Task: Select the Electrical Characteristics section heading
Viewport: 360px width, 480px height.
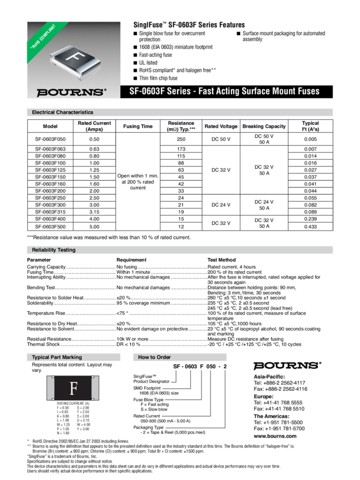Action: [x=63, y=112]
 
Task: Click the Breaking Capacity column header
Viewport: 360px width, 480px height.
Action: [x=264, y=126]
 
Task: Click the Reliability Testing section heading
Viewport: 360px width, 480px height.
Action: [x=54, y=250]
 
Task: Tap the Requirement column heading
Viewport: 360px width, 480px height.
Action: [x=131, y=259]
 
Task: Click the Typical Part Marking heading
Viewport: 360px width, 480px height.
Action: [x=56, y=357]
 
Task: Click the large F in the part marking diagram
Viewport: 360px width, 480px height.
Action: [x=73, y=389]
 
